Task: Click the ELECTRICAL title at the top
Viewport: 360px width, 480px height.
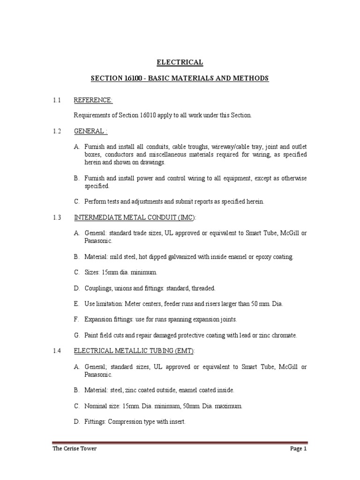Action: point(180,62)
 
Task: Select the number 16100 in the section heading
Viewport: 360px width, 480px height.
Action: point(129,78)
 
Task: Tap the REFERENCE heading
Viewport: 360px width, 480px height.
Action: point(93,100)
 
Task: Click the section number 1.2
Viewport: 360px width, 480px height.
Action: point(57,131)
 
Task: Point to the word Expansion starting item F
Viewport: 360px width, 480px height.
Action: point(99,319)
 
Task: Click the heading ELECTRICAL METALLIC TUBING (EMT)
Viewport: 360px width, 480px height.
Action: point(134,351)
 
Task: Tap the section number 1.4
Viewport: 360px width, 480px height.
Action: point(57,351)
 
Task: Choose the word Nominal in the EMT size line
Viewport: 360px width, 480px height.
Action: point(96,406)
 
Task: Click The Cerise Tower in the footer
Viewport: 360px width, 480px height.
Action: point(75,449)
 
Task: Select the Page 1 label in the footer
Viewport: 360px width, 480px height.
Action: point(298,449)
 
